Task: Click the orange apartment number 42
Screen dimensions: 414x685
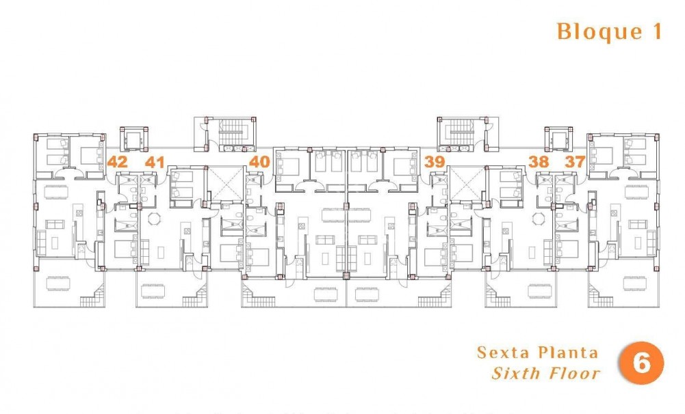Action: point(118,162)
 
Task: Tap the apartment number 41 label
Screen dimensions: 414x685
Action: point(155,162)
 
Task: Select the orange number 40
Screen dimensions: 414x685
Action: point(259,162)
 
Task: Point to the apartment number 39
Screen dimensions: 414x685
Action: point(434,162)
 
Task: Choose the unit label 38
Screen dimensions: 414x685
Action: point(539,162)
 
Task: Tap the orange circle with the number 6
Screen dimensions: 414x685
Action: point(641,364)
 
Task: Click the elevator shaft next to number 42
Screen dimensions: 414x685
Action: point(133,139)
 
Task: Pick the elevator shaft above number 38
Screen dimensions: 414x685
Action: point(557,139)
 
